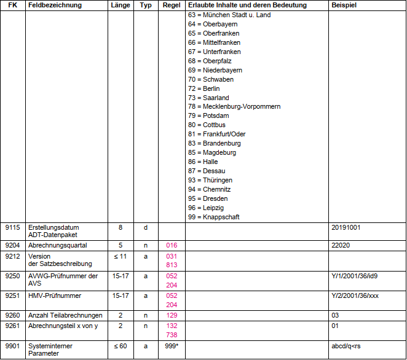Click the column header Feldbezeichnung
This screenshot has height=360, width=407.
pyautogui.click(x=56, y=5)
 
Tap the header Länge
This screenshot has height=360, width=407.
pyautogui.click(x=120, y=5)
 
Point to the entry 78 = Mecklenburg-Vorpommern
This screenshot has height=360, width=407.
pyautogui.click(x=234, y=107)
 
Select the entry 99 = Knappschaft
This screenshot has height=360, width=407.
pyautogui.click(x=213, y=217)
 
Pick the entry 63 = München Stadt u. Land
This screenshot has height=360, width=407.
pyautogui.click(x=229, y=15)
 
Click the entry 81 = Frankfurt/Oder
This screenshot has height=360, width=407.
pyautogui.click(x=216, y=134)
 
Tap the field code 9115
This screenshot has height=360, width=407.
pyautogui.click(x=12, y=227)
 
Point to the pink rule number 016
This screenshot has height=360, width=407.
pyautogui.click(x=172, y=245)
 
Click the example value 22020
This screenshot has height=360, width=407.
pyautogui.click(x=340, y=245)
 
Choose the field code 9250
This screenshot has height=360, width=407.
pyautogui.click(x=12, y=276)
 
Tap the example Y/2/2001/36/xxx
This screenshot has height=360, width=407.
pyautogui.click(x=354, y=295)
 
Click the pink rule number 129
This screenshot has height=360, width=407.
pyautogui.click(x=172, y=315)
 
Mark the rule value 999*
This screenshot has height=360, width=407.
pyautogui.click(x=172, y=346)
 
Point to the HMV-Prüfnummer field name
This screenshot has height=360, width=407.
pyautogui.click(x=55, y=295)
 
